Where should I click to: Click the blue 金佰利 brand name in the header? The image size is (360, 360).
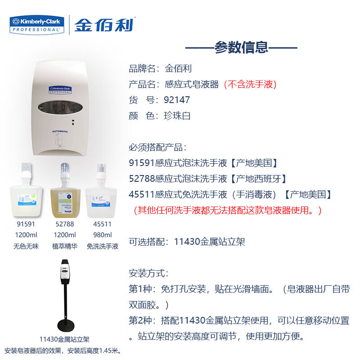click(104, 24)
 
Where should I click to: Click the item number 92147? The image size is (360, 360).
click(178, 100)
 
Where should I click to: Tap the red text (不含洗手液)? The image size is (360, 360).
click(250, 84)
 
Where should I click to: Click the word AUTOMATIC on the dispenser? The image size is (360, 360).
click(60, 131)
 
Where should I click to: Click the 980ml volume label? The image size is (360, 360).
click(103, 235)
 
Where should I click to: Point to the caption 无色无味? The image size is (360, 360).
click(26, 247)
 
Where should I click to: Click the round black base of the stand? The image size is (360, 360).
click(67, 324)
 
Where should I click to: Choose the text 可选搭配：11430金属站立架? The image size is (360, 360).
click(187, 242)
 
